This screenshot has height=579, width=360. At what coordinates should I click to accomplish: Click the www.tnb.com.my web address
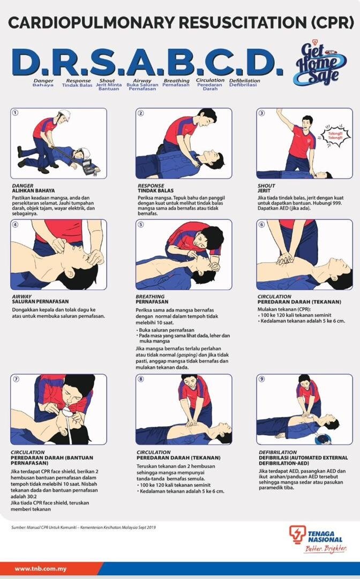pyautogui.click(x=41, y=568)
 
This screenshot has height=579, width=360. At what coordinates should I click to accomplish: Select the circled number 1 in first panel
pyautogui.click(x=16, y=113)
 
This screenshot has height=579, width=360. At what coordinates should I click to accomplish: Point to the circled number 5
pyautogui.click(x=141, y=224)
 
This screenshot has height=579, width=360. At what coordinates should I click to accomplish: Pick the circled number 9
pyautogui.click(x=261, y=378)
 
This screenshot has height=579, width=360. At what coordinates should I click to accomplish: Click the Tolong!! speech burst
pyautogui.click(x=333, y=135)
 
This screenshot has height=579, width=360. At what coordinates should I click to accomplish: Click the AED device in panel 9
pyautogui.click(x=322, y=439)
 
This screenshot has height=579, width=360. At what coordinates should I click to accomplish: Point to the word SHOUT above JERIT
pyautogui.click(x=266, y=186)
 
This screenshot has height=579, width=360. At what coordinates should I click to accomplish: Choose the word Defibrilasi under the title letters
pyautogui.click(x=244, y=85)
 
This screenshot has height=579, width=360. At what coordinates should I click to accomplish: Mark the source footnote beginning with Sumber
pyautogui.click(x=83, y=528)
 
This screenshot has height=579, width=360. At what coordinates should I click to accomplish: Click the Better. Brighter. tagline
pyautogui.click(x=325, y=548)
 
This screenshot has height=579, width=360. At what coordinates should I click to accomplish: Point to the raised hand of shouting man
pyautogui.click(x=280, y=112)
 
